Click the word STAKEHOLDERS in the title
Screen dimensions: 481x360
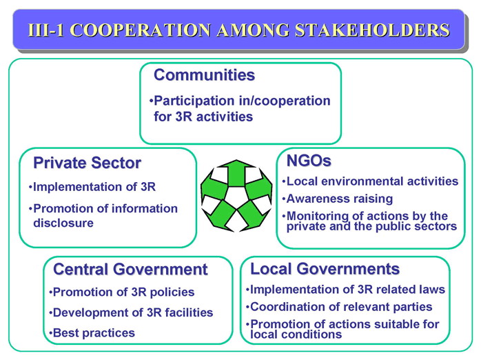point(372,30)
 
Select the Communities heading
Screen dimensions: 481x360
point(204,75)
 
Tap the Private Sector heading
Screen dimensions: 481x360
point(87,163)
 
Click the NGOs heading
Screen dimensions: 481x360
point(309,161)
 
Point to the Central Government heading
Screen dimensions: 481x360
point(130,270)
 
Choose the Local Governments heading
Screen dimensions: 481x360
point(325,269)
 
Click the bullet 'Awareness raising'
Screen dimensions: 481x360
point(338,199)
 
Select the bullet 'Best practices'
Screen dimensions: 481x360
point(92,333)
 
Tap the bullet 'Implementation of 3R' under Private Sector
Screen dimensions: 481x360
point(92,187)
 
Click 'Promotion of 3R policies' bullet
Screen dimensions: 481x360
point(122,292)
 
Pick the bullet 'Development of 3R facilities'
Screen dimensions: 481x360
point(131,312)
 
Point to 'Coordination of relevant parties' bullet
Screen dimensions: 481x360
point(339,307)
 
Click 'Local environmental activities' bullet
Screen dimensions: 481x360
point(370,181)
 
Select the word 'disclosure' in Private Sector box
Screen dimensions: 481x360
point(63,223)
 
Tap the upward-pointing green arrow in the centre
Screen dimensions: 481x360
point(236,173)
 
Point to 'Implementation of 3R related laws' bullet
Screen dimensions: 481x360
point(345,290)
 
